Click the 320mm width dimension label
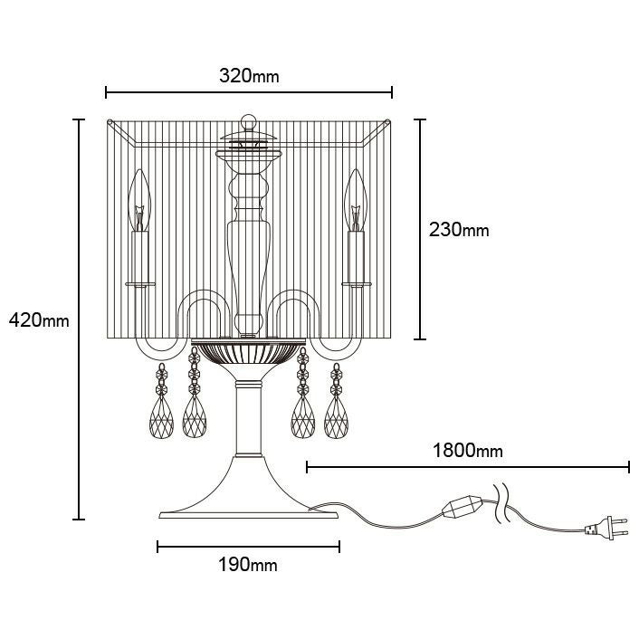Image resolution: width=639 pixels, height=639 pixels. coord(249,76)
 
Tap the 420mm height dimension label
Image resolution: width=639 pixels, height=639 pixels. coord(39,319)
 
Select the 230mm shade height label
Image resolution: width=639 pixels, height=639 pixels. coord(459,230)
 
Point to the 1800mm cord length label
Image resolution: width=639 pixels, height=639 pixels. coord(467,451)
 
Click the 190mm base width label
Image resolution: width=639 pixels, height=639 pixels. coord(248,565)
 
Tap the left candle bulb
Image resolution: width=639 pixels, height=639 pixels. coord(139,201)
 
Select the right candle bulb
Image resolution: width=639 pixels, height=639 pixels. coord(356,201)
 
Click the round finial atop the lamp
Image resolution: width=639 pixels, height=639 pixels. coord(249,121)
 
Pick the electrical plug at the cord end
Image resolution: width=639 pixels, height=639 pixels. coord(606,528)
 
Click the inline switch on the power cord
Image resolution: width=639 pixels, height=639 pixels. coord(463,507)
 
